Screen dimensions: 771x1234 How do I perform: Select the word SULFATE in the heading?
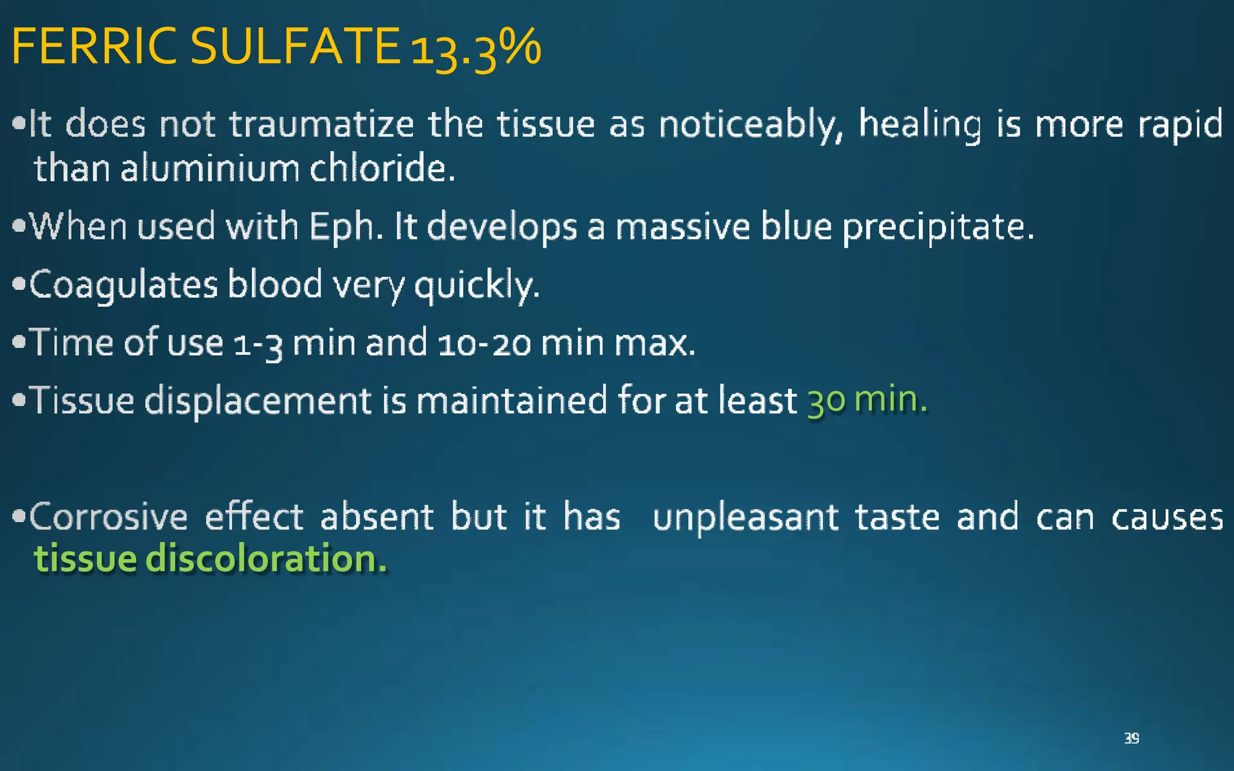[x=295, y=47]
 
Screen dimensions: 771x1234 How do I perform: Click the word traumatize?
[x=322, y=125]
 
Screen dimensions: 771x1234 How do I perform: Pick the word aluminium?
[x=210, y=168]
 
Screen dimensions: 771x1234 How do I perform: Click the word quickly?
[x=477, y=285]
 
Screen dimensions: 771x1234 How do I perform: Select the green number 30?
[x=826, y=401]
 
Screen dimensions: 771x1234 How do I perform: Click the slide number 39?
[x=1131, y=738]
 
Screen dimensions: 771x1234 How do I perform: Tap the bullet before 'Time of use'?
[x=19, y=342]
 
